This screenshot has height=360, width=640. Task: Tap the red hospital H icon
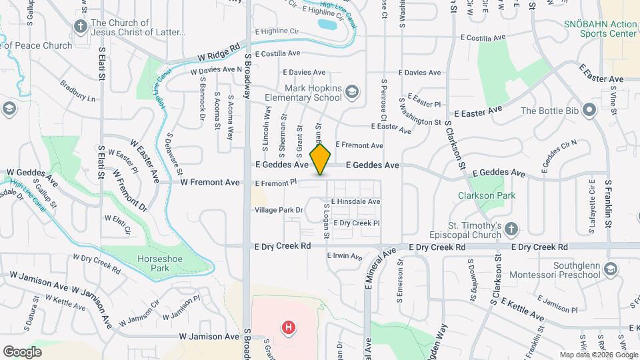(289, 327)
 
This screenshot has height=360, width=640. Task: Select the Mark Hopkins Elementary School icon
(352, 91)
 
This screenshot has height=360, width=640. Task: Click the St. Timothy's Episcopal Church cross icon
(511, 229)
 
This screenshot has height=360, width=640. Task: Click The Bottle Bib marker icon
(589, 111)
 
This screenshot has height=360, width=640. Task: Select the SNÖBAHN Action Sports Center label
(599, 28)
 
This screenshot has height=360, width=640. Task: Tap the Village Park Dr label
(279, 210)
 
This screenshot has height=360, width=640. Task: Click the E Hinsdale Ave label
(355, 201)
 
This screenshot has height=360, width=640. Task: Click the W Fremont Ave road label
(209, 182)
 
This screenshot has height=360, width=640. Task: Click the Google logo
(22, 351)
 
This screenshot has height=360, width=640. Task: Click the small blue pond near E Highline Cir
(327, 25)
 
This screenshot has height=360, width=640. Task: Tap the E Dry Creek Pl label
(356, 223)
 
